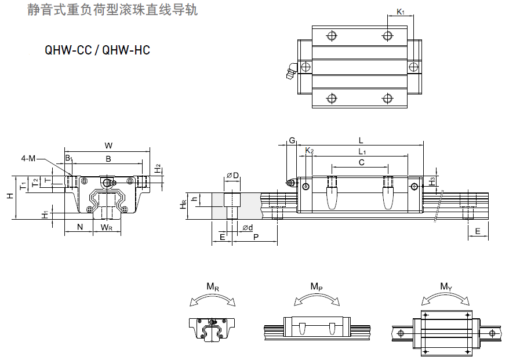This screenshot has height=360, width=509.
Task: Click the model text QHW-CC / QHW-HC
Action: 97,50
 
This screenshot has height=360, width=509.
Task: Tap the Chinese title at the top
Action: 112,10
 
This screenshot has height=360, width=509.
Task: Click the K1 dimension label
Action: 401,12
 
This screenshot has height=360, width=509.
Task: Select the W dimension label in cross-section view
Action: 108,145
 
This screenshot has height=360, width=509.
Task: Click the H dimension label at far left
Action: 10,196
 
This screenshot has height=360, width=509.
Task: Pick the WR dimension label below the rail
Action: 107,227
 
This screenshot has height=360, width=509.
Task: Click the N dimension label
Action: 79,227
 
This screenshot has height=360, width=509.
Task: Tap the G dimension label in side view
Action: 292,141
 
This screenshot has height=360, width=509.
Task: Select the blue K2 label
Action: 310,151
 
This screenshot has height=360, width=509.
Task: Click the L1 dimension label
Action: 361,152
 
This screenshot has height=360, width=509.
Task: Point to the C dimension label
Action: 361,163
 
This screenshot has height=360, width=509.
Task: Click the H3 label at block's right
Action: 432,180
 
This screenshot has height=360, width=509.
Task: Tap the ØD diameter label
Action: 232,175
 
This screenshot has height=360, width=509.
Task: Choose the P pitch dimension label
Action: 256,237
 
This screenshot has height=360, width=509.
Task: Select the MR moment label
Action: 213,286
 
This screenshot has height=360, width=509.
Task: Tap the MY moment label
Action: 446,286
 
